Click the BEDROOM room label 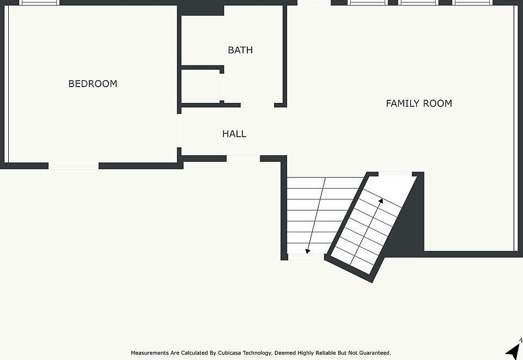pyautogui.click(x=93, y=84)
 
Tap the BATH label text pyautogui.click(x=240, y=50)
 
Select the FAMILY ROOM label pyautogui.click(x=418, y=103)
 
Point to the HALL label pyautogui.click(x=234, y=134)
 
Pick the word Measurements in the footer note pyautogui.click(x=150, y=353)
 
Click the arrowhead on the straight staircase pyautogui.click(x=308, y=251)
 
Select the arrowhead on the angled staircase pyautogui.click(x=381, y=200)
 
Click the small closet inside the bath pyautogui.click(x=200, y=86)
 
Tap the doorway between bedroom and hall pyautogui.click(x=179, y=131)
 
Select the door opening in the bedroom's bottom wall pyautogui.click(x=74, y=166)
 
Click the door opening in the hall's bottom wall pyautogui.click(x=243, y=158)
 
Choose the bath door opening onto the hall pyautogui.click(x=257, y=105)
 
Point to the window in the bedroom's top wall pyautogui.click(x=40, y=3)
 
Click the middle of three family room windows pyautogui.click(x=418, y=3)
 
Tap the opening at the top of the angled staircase pyautogui.click(x=395, y=174)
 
